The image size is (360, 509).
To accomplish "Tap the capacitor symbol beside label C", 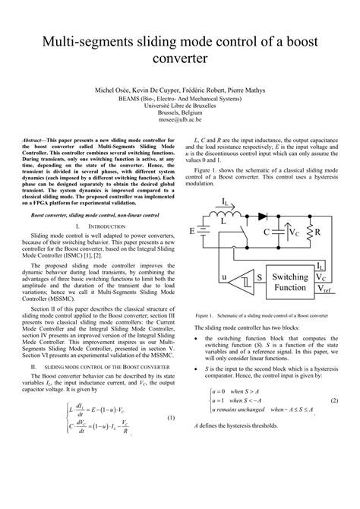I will point(278,231).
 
